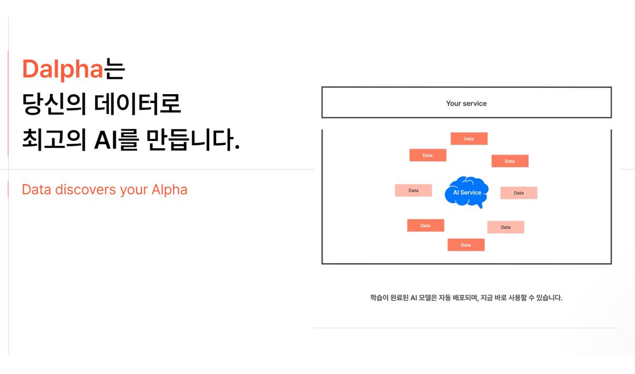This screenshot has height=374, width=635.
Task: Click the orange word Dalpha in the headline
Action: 63,69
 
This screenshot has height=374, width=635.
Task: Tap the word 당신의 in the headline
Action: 54,104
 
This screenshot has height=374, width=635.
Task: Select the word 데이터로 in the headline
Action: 138,104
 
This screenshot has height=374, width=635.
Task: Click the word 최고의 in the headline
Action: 54,139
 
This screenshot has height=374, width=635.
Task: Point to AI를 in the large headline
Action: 117,139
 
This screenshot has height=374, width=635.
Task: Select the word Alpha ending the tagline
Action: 169,189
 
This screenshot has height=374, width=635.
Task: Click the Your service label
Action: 466,104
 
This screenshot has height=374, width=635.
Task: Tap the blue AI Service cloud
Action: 467,192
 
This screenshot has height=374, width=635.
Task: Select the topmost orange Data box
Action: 469,138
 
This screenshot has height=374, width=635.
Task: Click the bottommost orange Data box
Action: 466,245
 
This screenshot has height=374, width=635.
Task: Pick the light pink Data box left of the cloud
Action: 414,190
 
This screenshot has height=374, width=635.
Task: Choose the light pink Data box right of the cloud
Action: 519,193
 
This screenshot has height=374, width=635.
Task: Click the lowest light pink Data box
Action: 506,227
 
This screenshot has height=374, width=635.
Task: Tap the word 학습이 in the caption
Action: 379,298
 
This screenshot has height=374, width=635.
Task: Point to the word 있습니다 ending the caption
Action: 549,298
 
